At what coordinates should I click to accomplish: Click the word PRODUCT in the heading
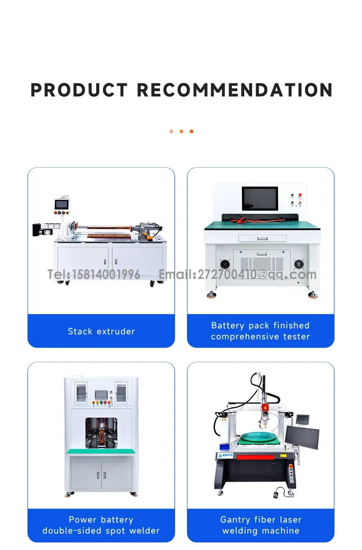pos(79,90)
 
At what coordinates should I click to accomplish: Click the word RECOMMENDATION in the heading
pos(235,90)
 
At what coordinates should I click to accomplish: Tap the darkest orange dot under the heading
pos(192,131)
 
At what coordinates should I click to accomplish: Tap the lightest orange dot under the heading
pos(171,131)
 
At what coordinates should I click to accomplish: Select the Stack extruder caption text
pos(101,332)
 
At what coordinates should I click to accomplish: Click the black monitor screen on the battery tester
pos(260,198)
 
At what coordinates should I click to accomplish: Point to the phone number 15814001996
pos(106,274)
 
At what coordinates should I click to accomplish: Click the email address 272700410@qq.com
pos(257,274)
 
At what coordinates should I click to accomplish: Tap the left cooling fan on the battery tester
pos(225,264)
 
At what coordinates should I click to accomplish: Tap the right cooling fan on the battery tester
pos(299,264)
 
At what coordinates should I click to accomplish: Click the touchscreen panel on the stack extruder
pos(61,204)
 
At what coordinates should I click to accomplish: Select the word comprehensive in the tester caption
pos(245,337)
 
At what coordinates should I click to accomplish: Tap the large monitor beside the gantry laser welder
pos(302,437)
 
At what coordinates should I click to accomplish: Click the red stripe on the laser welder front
pos(255,457)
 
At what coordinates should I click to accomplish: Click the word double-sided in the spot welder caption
pos(72,531)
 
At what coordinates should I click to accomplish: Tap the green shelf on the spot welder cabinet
pos(101,451)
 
